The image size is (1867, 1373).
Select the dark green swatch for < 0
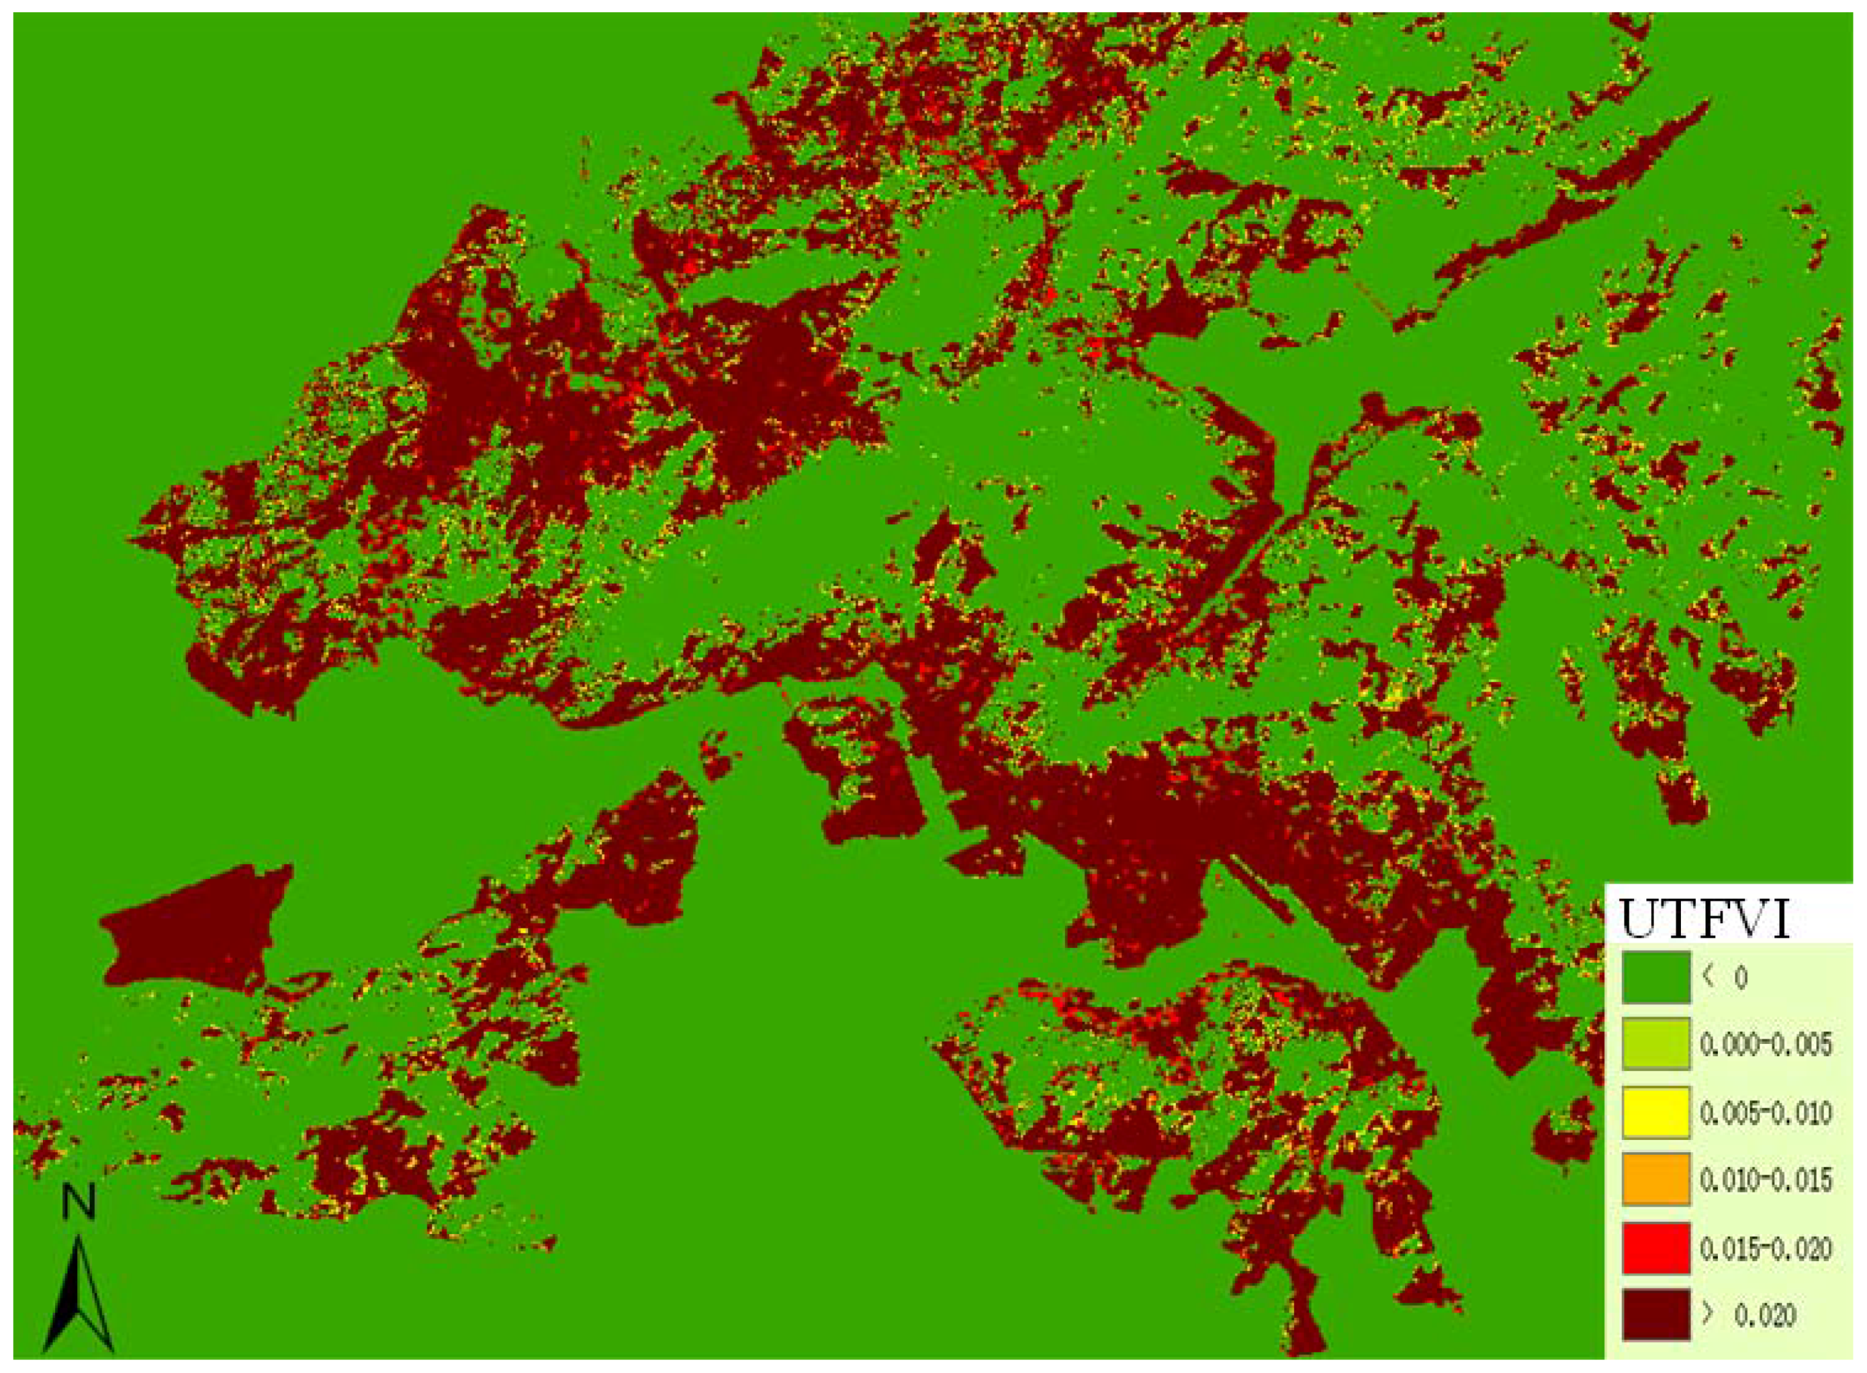[x=1656, y=976]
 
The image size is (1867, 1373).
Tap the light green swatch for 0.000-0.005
[x=1656, y=1044]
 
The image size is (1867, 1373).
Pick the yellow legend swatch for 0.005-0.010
[x=1656, y=1112]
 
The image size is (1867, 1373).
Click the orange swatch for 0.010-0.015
[x=1656, y=1179]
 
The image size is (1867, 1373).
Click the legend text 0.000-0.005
[x=1765, y=1045]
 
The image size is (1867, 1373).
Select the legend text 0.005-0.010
[x=1765, y=1113]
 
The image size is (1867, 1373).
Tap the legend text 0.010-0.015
[x=1765, y=1180]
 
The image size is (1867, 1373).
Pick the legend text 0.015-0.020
[x=1765, y=1248]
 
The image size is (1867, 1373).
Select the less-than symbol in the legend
[x=1709, y=976]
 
